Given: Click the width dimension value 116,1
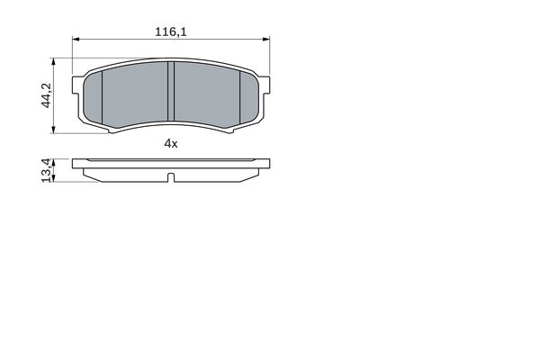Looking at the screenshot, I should coord(171,31).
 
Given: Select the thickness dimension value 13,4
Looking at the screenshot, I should coord(45,170).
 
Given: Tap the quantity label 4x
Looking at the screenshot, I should coord(171,144).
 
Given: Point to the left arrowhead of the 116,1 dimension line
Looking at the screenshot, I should coord(76,40).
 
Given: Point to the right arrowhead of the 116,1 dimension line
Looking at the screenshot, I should coord(265,40).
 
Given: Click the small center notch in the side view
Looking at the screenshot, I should coord(171,176).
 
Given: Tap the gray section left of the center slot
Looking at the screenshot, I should coord(137,95).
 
